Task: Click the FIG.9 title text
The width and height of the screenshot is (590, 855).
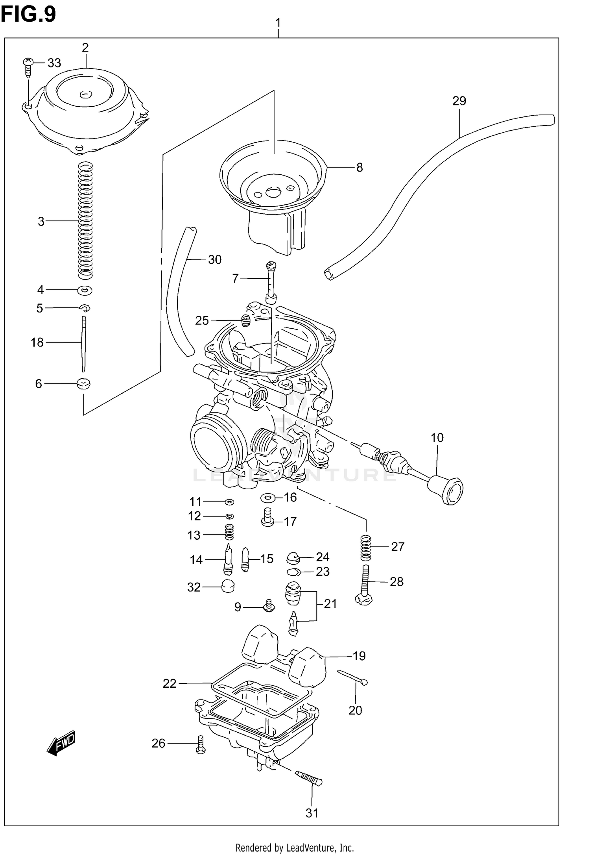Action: (28, 15)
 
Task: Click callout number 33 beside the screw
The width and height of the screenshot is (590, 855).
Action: (54, 63)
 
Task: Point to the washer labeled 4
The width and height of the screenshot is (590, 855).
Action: (85, 291)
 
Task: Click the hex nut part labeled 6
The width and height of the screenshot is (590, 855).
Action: (83, 383)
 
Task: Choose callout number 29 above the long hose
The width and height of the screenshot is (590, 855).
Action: (459, 101)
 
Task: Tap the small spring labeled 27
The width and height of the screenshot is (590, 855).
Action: (366, 548)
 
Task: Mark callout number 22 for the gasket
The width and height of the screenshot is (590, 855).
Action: (170, 684)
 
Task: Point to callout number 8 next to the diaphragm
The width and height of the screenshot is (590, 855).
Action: (359, 168)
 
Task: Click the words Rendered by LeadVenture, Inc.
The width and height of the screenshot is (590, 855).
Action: (295, 847)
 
